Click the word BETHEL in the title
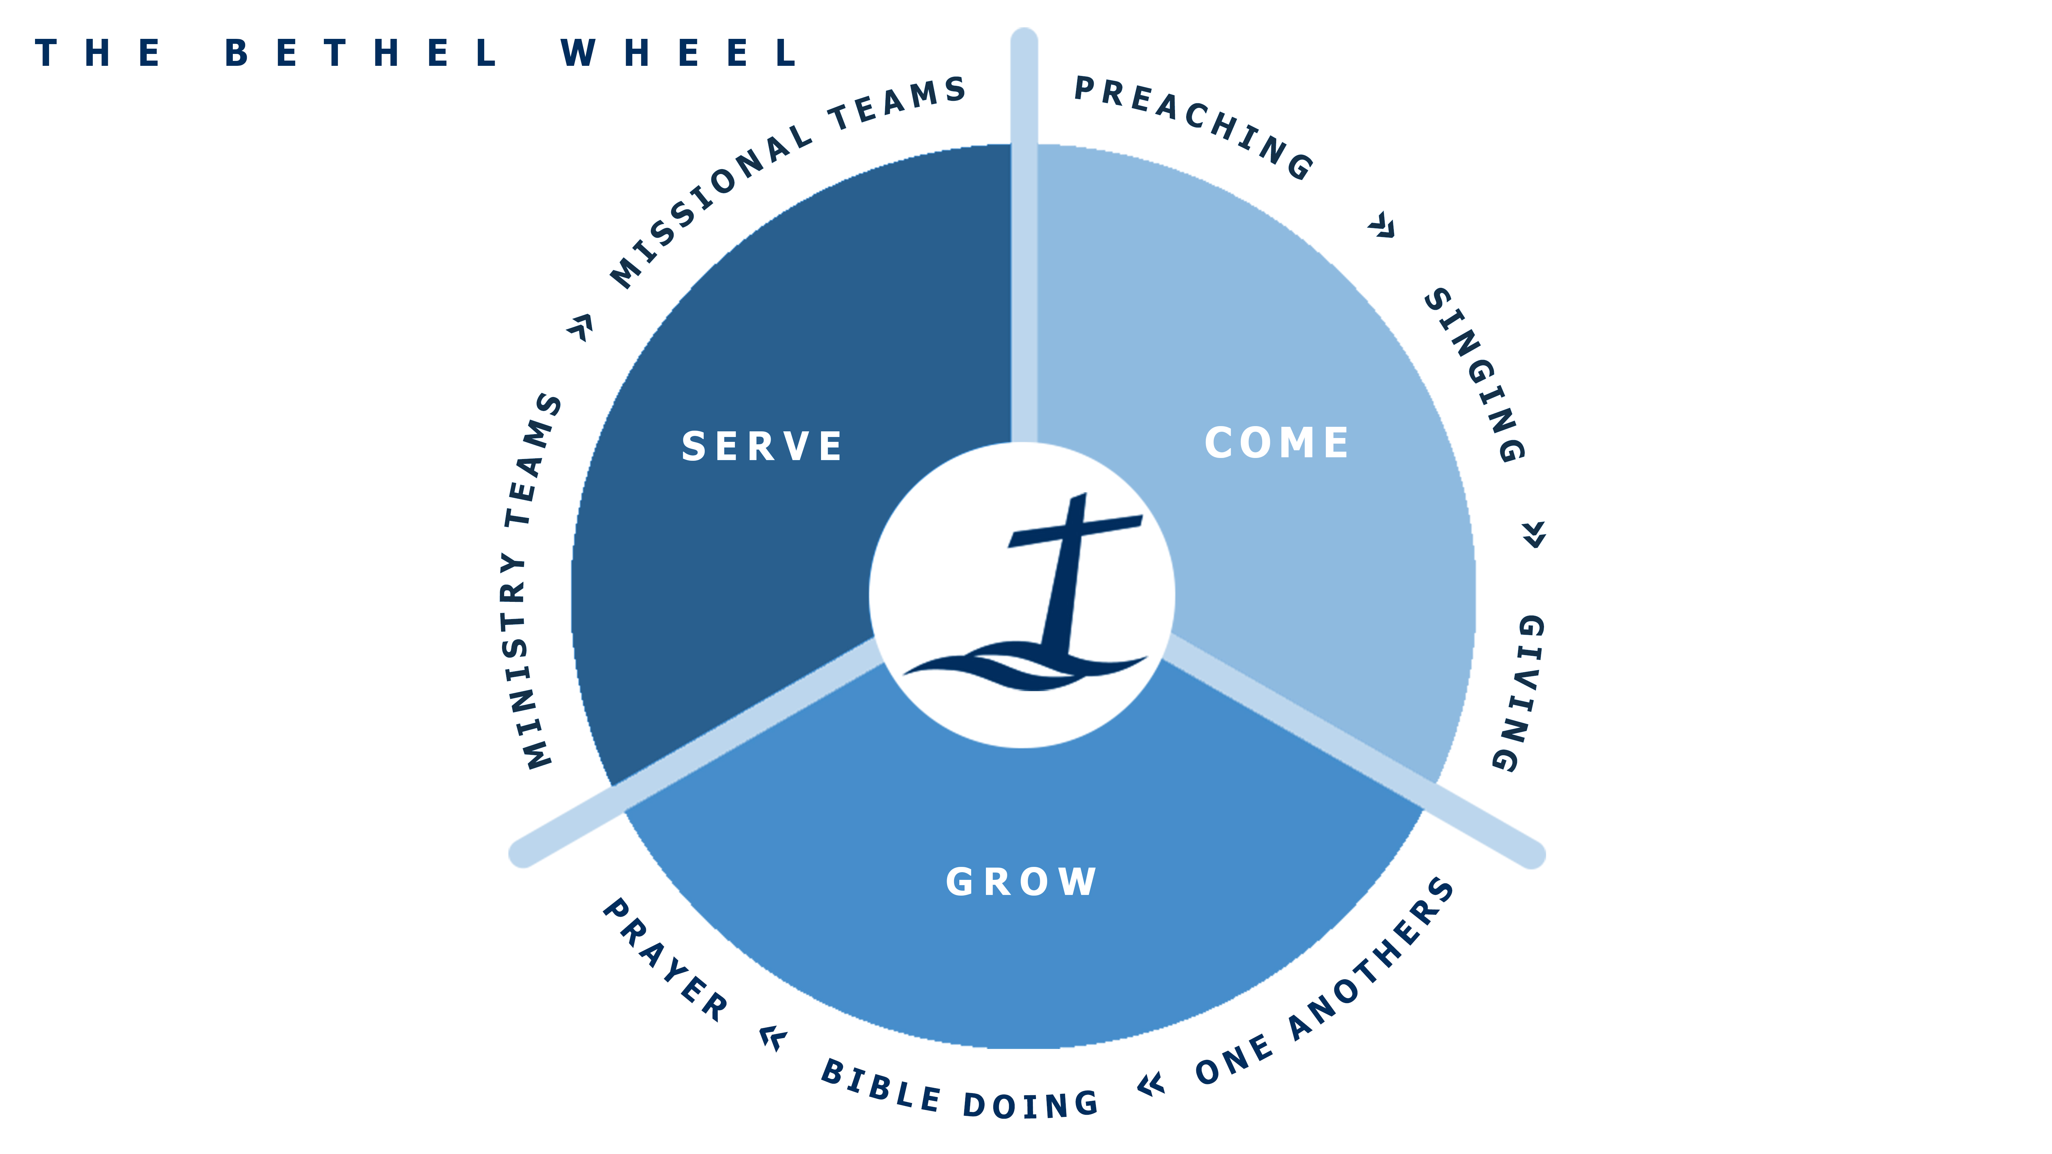point(361,53)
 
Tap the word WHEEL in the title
point(678,53)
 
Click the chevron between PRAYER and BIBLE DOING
point(773,1038)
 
